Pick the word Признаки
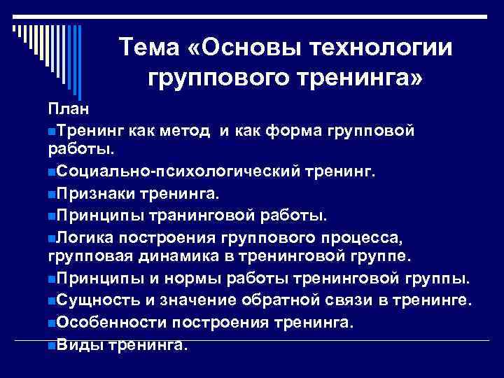pyautogui.click(x=97, y=191)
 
